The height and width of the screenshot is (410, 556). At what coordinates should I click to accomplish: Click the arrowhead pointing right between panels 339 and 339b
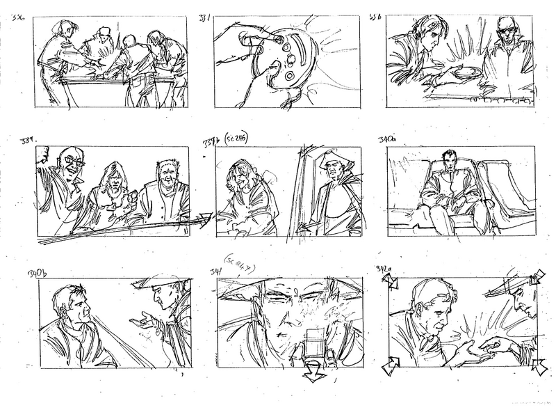[206, 220]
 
